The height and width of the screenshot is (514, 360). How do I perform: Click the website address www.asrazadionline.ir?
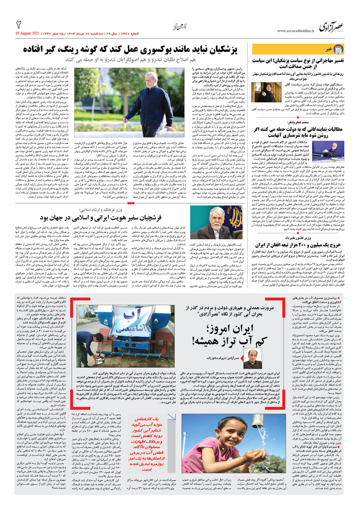[x=296, y=31]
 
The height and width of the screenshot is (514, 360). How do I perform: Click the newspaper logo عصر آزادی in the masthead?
[x=331, y=27]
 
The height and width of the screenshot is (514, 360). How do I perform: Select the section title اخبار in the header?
[x=180, y=27]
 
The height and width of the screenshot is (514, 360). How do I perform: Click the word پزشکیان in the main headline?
[x=220, y=49]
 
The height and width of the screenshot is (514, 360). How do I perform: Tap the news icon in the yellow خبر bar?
[x=338, y=49]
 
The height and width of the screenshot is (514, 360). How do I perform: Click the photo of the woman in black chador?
[x=266, y=92]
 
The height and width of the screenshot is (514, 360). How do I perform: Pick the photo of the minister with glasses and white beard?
[x=216, y=222]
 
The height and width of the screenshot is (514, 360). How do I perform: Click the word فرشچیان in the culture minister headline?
[x=148, y=218]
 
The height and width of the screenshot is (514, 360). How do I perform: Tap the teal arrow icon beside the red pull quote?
[x=171, y=417]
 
